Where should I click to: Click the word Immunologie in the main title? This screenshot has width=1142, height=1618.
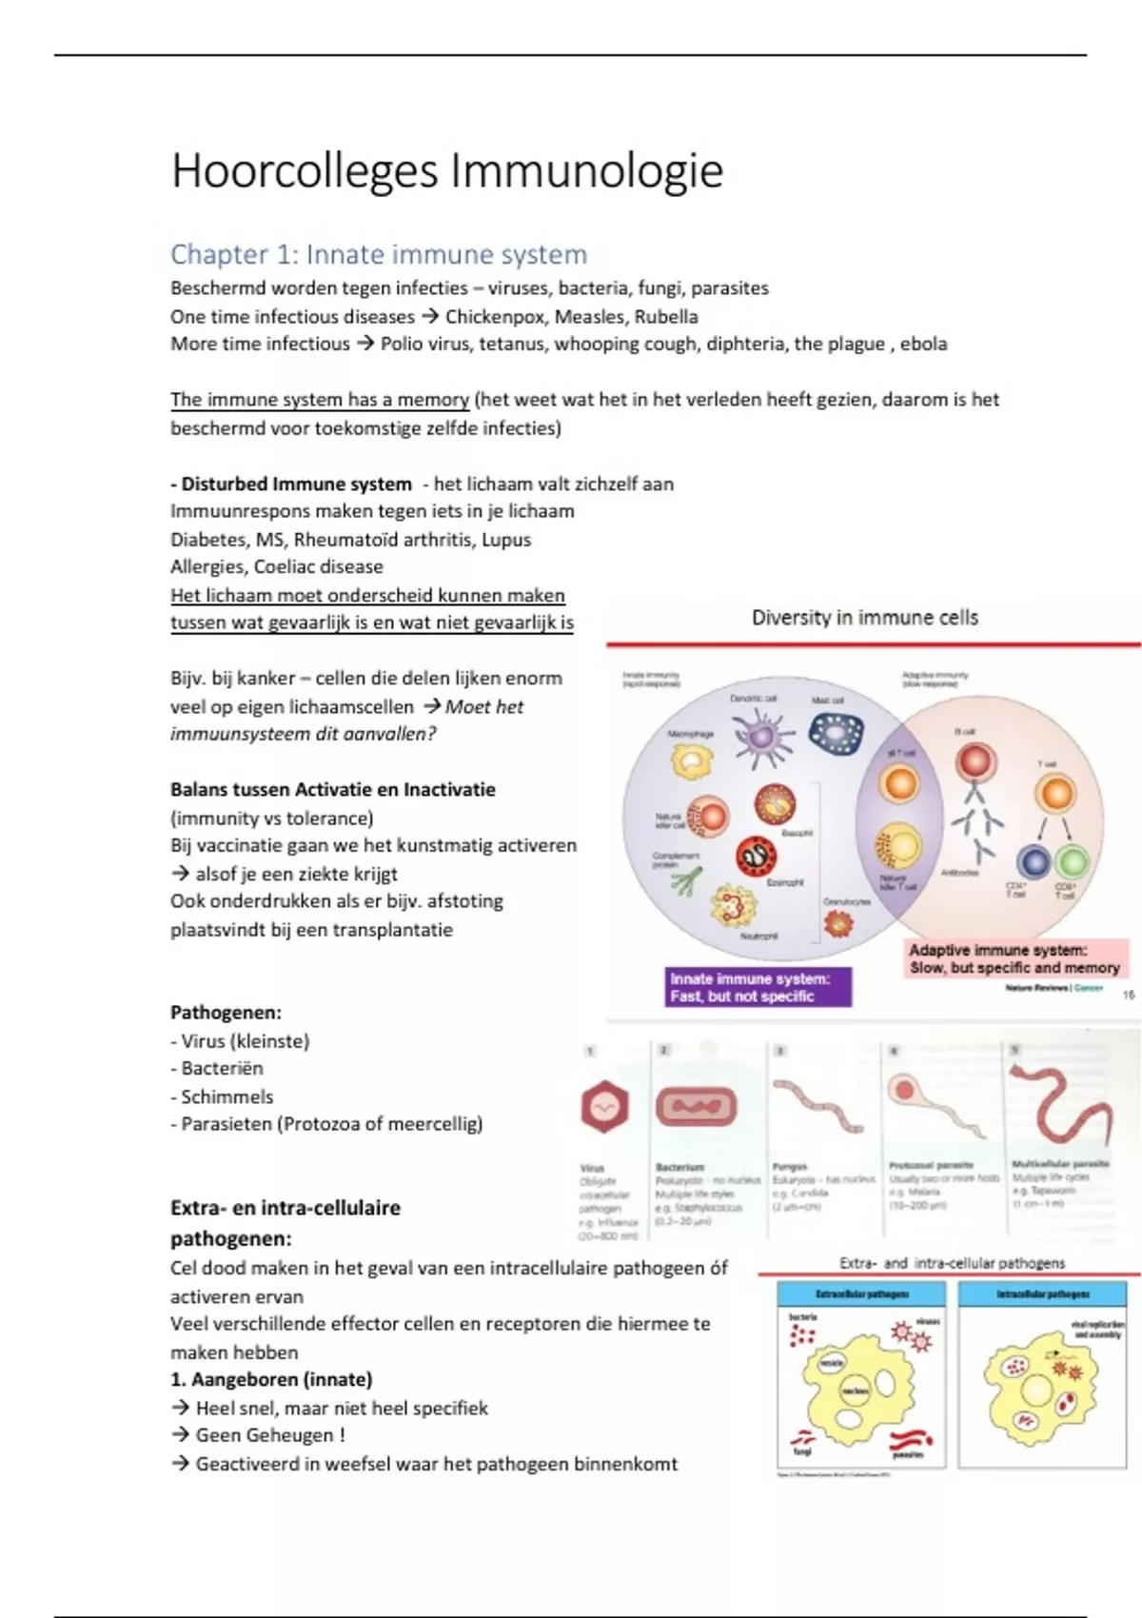[586, 172]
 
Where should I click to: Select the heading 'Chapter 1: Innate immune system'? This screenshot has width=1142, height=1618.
[379, 255]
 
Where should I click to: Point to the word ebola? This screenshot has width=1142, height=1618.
[923, 345]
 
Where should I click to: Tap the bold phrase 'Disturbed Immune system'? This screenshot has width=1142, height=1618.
[296, 484]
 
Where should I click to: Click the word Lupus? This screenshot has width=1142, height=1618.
[507, 540]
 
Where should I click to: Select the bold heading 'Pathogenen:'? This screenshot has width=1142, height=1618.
[226, 1013]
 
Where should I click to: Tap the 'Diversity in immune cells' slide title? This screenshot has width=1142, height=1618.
[864, 618]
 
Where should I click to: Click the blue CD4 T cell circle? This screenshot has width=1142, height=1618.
[1034, 862]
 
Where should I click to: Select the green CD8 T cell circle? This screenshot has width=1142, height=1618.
[1073, 862]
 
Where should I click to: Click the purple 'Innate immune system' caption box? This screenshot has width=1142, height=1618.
[758, 987]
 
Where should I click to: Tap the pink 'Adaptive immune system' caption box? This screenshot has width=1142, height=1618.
[1014, 958]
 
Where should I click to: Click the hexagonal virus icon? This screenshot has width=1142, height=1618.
[604, 1107]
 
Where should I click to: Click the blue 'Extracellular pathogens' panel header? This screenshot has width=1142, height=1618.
[861, 1294]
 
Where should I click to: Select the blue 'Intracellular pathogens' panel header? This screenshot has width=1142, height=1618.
[1043, 1294]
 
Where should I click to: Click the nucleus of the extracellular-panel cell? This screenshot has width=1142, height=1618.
[856, 1391]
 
